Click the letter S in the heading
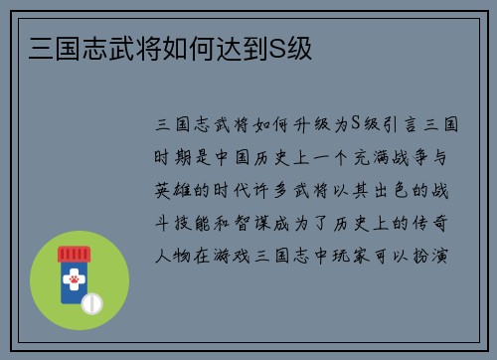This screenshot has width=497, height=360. [277, 48]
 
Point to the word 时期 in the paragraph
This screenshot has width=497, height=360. [169, 157]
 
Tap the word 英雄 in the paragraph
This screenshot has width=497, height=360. [169, 189]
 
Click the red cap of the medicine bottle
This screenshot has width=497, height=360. [73, 255]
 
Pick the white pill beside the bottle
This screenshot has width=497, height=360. [91, 302]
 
